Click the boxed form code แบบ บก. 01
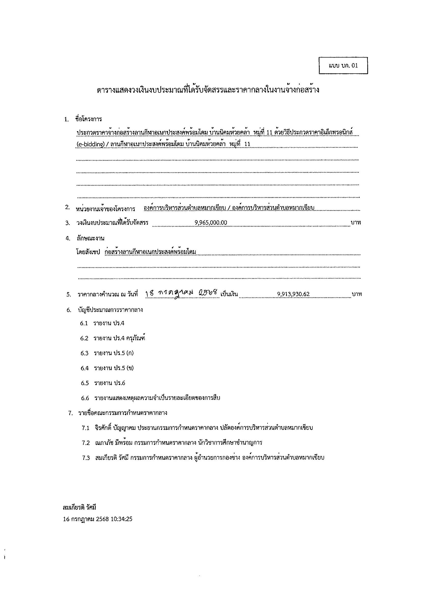tap(343, 65)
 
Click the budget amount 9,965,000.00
tap(211, 222)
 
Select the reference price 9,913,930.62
tap(293, 294)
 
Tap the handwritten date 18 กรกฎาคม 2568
tap(182, 294)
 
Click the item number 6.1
tap(84, 323)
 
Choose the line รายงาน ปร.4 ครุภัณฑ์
tap(119, 338)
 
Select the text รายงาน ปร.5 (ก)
tap(114, 353)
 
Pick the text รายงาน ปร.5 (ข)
tap(114, 368)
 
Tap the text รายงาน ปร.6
tap(109, 383)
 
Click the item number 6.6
tap(85, 398)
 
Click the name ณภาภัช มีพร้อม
tap(114, 443)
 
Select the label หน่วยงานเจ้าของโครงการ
tap(105, 209)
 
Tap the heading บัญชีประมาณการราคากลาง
tap(110, 310)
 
